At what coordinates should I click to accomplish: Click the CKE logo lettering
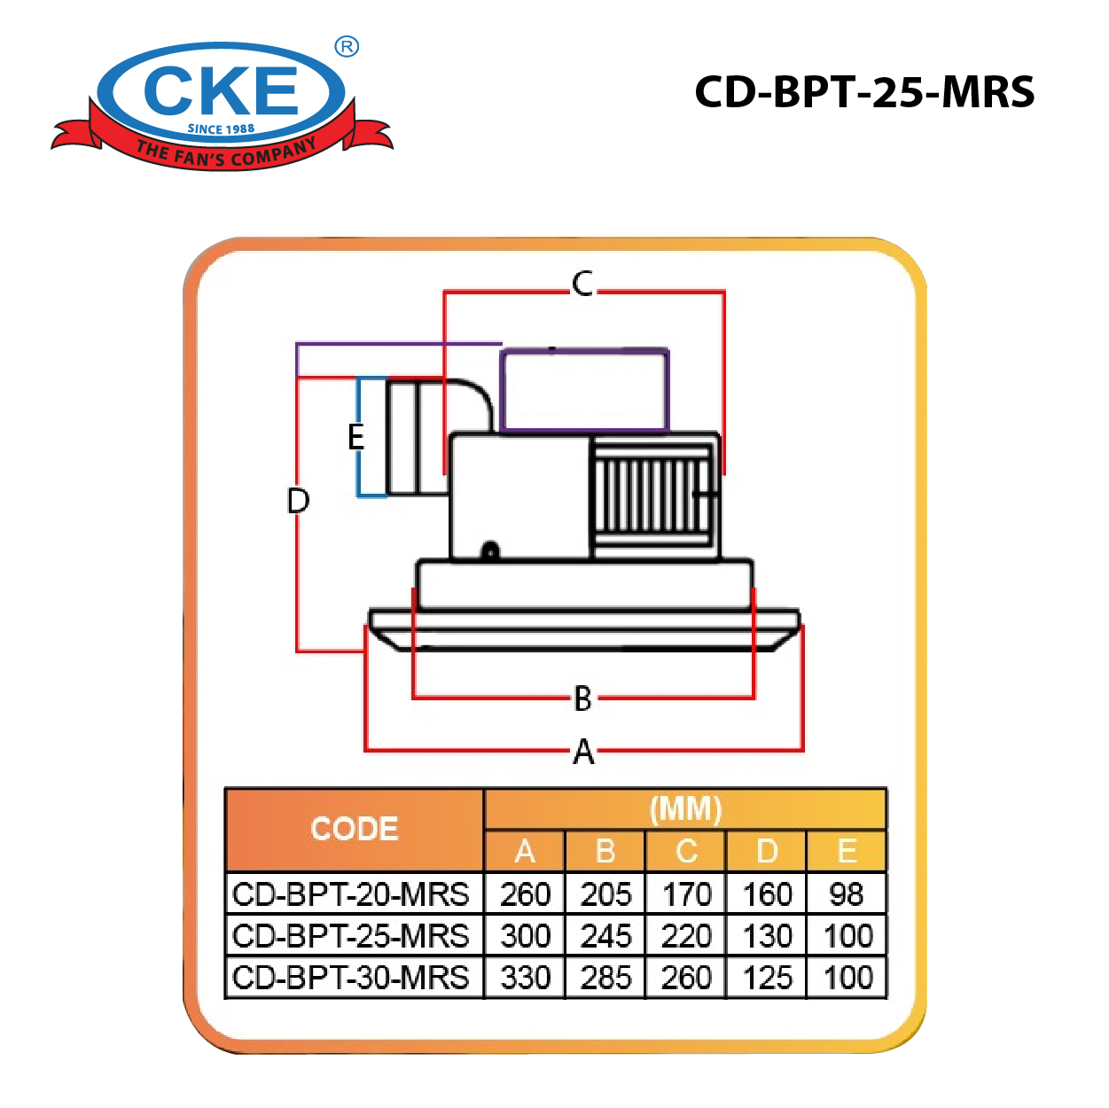point(221,90)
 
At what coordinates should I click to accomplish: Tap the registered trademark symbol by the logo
point(347,47)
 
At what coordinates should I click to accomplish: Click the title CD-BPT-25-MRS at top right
point(864,92)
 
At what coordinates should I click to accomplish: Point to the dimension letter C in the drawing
point(582,284)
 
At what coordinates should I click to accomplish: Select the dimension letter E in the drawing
point(355,437)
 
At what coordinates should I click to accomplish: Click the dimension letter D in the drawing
point(299,501)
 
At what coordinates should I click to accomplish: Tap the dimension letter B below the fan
point(582,698)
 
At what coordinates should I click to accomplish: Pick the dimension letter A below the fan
point(583,752)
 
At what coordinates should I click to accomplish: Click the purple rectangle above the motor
point(584,390)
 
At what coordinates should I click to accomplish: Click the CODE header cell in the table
point(355,829)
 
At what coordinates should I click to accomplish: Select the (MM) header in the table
point(685,809)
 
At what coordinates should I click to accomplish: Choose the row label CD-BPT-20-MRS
point(351,894)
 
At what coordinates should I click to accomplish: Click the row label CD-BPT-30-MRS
point(351,978)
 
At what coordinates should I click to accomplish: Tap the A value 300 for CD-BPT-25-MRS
point(526,936)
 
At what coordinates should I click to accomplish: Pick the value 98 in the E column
point(847,894)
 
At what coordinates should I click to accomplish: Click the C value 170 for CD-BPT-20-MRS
point(687,894)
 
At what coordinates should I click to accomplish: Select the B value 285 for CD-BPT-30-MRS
point(606,978)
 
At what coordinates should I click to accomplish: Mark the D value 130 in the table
point(768,936)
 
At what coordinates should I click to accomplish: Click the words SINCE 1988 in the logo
point(221,129)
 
